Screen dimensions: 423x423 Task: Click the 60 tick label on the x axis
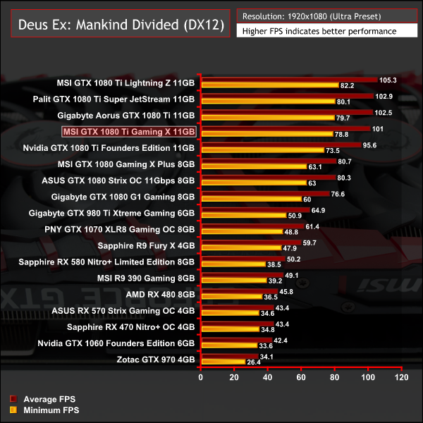[x=302, y=378]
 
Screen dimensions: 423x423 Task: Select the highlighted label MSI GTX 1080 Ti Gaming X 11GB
[x=128, y=131]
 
